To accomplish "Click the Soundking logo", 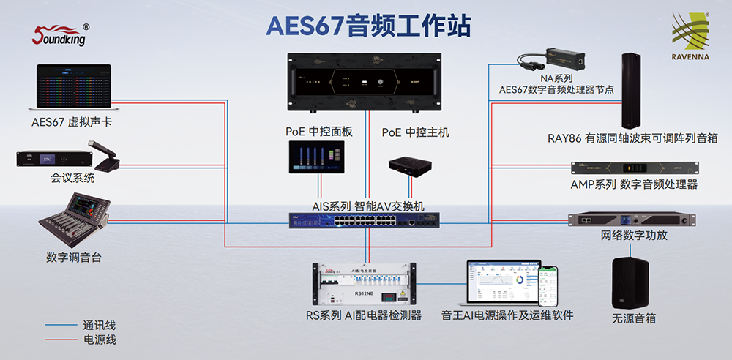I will point(61,34).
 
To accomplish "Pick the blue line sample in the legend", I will point(60,325).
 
